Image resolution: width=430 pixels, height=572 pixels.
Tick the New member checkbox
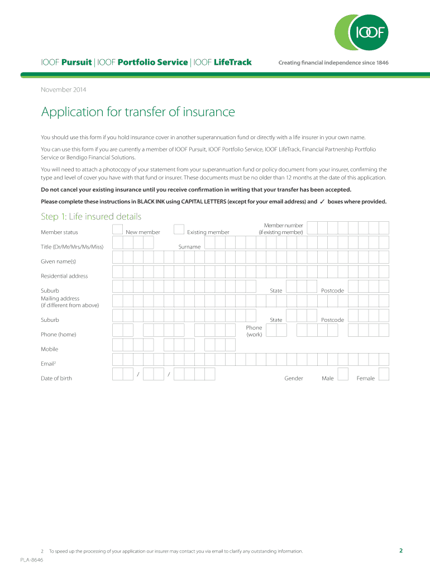[x=118, y=229]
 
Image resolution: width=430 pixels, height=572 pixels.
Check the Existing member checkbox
[x=179, y=229]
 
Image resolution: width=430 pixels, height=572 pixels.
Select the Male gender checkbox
[x=343, y=374]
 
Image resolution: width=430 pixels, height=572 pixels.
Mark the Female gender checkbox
[x=384, y=374]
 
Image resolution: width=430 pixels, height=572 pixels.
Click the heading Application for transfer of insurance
[x=138, y=112]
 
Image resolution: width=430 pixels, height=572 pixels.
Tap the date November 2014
[x=64, y=89]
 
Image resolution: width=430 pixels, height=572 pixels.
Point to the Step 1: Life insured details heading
[x=91, y=216]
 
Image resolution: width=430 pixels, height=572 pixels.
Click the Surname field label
[x=189, y=247]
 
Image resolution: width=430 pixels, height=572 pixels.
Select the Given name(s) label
[x=58, y=261]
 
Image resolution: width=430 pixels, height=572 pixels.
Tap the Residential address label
[x=64, y=276]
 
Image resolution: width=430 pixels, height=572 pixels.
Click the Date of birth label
[x=56, y=378]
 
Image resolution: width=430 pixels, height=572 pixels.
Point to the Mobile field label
[x=49, y=349]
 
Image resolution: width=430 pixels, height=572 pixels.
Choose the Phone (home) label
[x=58, y=335]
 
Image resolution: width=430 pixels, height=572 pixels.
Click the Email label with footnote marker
[x=49, y=364]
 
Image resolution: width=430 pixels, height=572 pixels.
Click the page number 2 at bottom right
[x=400, y=550]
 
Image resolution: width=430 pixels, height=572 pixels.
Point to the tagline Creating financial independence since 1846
[x=333, y=63]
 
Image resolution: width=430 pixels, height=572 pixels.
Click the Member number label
[x=280, y=228]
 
